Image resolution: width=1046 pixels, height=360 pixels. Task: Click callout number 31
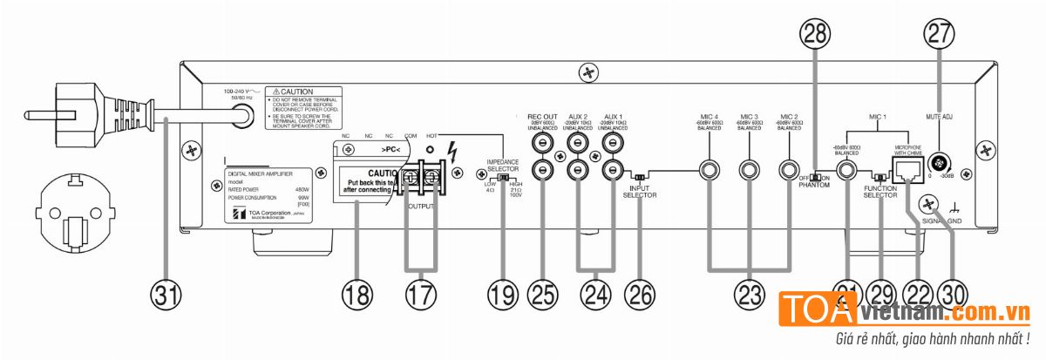tap(167, 295)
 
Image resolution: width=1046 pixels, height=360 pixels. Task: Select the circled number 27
tap(940, 34)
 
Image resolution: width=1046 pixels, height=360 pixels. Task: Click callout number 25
tap(544, 295)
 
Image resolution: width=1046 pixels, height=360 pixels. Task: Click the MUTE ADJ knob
tap(941, 163)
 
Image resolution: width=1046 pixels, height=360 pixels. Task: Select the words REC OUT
tap(543, 116)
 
